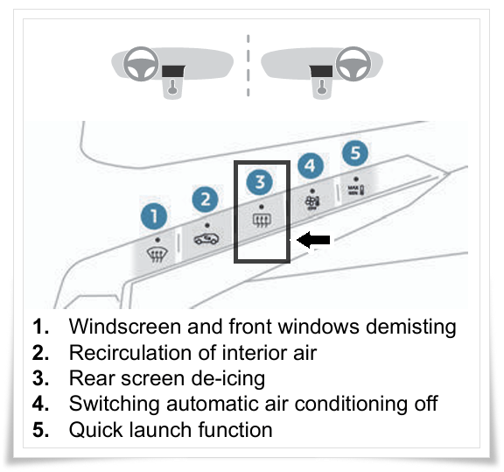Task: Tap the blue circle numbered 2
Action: (x=205, y=199)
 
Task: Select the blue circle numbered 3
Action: (x=259, y=182)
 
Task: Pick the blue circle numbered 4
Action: (x=310, y=166)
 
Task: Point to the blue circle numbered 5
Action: (x=355, y=153)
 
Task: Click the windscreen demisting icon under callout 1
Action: (x=157, y=255)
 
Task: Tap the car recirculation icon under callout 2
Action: (x=206, y=239)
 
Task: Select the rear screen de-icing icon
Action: (x=262, y=221)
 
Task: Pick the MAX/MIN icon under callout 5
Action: (x=356, y=189)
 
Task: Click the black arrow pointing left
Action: (x=313, y=240)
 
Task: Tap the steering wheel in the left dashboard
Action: (x=141, y=64)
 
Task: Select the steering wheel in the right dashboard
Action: (x=353, y=64)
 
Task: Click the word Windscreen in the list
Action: (x=125, y=327)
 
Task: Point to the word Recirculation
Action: (x=130, y=353)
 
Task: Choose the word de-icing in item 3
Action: (x=227, y=378)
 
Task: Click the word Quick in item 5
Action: (x=95, y=430)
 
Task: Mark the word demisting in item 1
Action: (x=411, y=327)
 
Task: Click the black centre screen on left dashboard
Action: (x=173, y=71)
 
